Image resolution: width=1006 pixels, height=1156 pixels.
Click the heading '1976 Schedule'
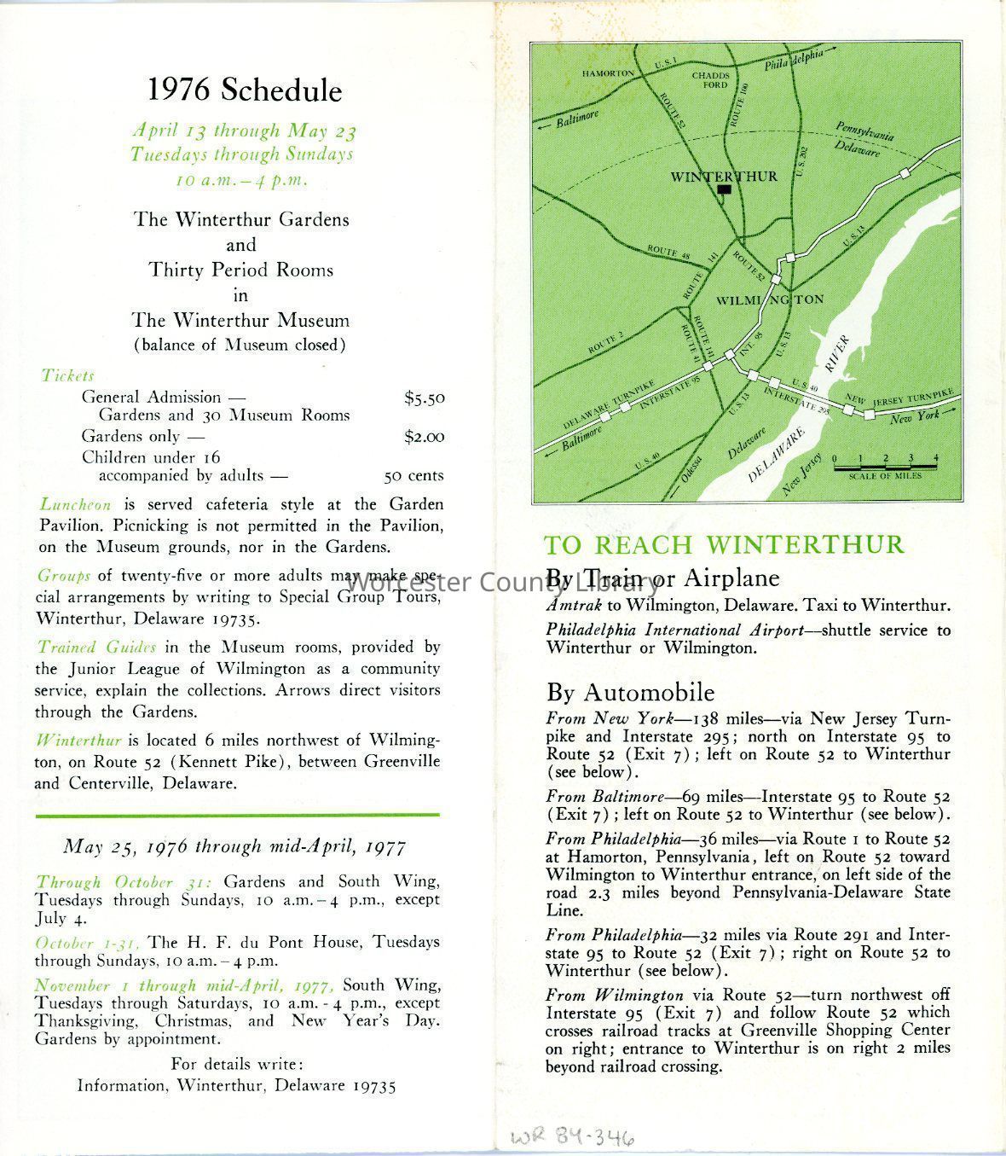tap(245, 90)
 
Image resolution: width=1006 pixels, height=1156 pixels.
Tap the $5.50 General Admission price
tap(425, 398)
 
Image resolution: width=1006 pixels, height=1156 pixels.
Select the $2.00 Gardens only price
tap(425, 437)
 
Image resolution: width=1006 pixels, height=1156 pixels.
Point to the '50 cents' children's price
tap(413, 476)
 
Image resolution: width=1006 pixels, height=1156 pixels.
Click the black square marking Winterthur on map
tap(725, 190)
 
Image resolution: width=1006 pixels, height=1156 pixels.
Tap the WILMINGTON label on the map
tap(770, 300)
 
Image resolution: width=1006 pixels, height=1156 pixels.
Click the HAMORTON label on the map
tap(608, 73)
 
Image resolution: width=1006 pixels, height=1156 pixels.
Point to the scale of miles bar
tap(885, 466)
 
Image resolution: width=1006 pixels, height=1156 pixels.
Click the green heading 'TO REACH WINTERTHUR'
tap(725, 544)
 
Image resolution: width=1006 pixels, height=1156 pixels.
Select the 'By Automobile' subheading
tap(630, 692)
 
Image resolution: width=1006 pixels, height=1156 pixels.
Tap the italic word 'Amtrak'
tap(574, 606)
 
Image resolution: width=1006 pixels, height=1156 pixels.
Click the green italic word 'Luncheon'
tap(75, 504)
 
